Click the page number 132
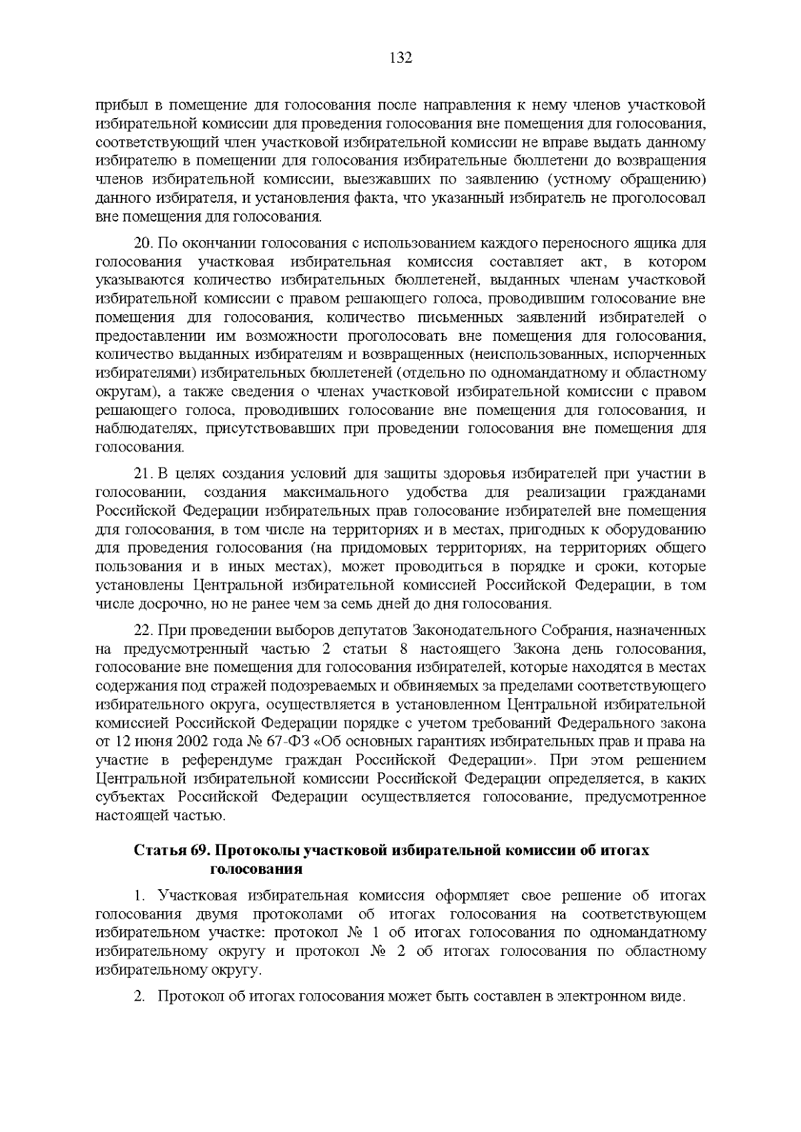click(400, 58)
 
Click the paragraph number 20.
click(143, 243)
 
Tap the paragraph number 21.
click(143, 474)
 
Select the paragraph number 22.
click(143, 630)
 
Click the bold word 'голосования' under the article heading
click(256, 869)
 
